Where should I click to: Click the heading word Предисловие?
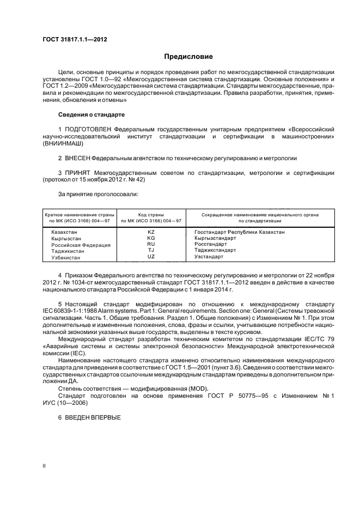(x=188, y=57)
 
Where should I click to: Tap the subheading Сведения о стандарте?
(x=91, y=115)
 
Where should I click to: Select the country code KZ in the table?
(x=151, y=232)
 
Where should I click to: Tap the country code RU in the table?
(x=151, y=244)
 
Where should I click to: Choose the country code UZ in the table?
(x=151, y=256)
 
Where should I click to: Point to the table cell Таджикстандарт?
(x=215, y=250)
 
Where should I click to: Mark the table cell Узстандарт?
(x=209, y=256)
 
